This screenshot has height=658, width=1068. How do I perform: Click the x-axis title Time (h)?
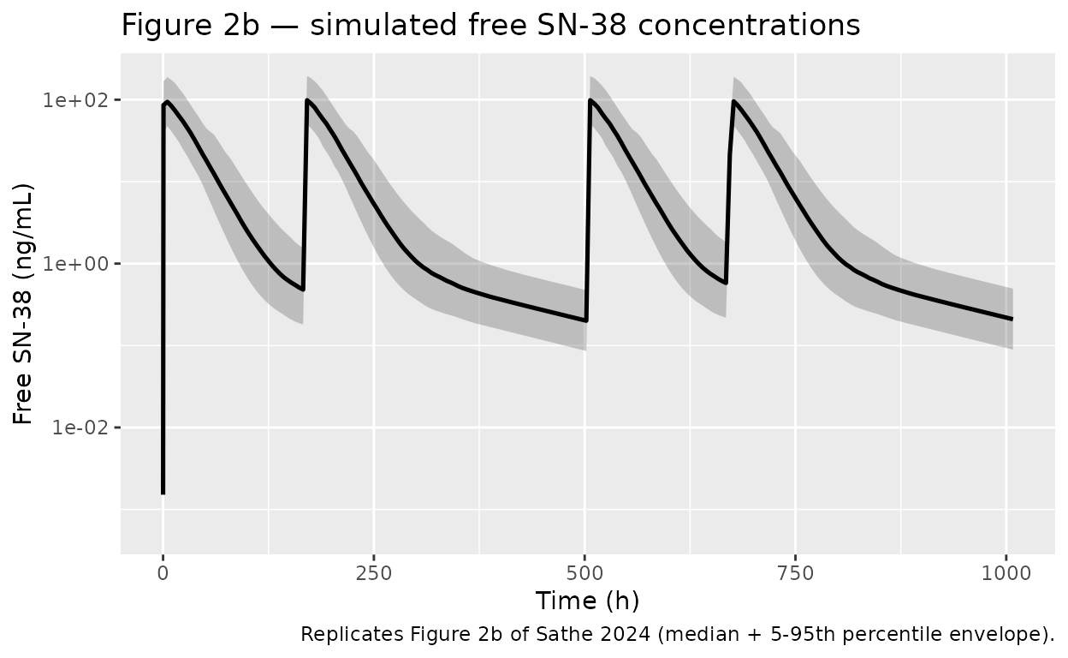tap(587, 601)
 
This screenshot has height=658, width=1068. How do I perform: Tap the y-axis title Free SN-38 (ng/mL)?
tap(24, 305)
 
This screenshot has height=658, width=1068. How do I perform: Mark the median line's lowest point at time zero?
tap(163, 493)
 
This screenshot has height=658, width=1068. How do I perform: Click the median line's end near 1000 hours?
tap(1012, 319)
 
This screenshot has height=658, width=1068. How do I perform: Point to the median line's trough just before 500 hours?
tap(585, 320)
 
